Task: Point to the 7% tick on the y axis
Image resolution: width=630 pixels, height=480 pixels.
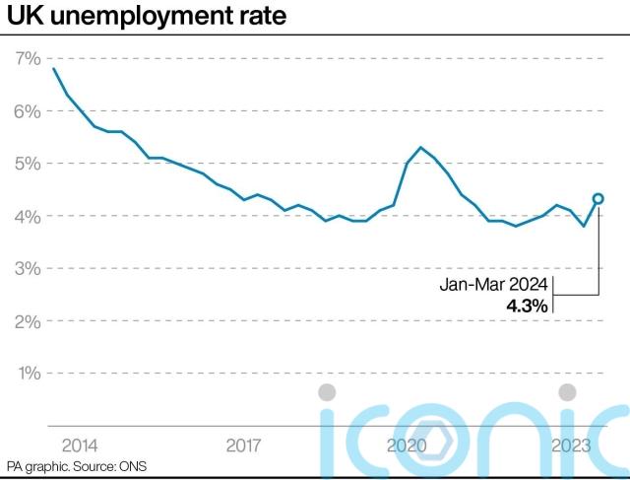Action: [x=27, y=59]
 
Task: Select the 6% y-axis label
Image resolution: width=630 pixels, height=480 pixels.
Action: [x=27, y=111]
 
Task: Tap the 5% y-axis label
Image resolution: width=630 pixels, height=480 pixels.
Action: [x=27, y=164]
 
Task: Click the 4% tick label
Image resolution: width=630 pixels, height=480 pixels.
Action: [x=27, y=216]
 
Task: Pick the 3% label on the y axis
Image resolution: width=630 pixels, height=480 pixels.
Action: [x=27, y=268]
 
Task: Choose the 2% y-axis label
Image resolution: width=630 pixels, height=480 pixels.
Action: [x=27, y=321]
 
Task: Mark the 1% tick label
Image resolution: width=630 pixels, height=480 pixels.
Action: [x=27, y=374]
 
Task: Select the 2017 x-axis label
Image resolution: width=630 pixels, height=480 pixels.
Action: [x=243, y=445]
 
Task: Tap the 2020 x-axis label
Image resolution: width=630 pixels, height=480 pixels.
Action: [x=406, y=445]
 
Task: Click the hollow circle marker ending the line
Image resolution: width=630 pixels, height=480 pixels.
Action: [x=598, y=198]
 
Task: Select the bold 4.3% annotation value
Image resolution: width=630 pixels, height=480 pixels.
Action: [x=527, y=306]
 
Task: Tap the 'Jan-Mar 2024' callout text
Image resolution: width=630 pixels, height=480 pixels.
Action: [x=493, y=285]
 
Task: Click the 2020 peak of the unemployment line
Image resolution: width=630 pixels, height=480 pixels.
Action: [x=420, y=148]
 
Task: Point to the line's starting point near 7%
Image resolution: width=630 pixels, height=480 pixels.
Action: [x=54, y=69]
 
